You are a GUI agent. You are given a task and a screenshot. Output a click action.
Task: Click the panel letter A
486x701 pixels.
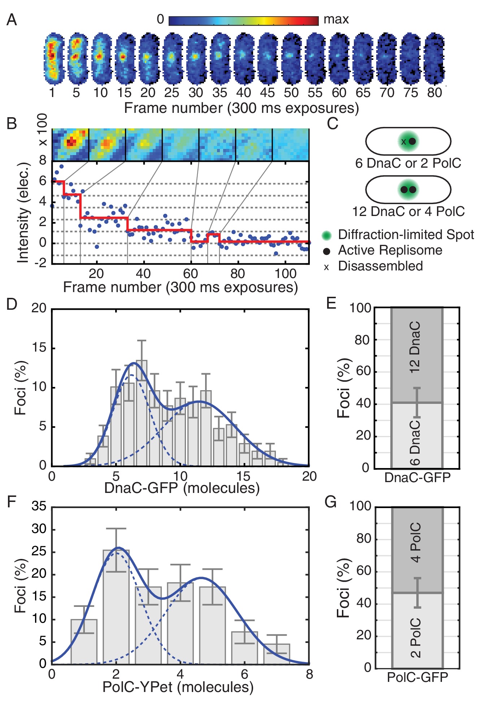(x=12, y=20)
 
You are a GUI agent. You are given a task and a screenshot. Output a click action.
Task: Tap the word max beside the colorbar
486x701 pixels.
(x=336, y=19)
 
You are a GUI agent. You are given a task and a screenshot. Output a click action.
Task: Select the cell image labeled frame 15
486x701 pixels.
(x=124, y=58)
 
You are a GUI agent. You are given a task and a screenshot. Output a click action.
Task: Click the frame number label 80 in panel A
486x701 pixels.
(x=434, y=93)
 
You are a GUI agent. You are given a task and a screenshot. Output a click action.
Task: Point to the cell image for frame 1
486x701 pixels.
(x=53, y=58)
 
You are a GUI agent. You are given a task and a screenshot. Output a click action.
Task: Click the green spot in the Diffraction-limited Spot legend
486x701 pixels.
(x=326, y=235)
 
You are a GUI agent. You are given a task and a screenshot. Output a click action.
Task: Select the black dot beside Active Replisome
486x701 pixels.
(x=326, y=251)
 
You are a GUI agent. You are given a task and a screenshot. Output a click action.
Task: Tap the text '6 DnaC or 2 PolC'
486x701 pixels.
(x=408, y=163)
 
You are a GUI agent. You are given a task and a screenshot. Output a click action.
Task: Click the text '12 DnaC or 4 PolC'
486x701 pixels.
(x=408, y=211)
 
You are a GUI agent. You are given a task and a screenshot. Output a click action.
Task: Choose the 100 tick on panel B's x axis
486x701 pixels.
(x=285, y=274)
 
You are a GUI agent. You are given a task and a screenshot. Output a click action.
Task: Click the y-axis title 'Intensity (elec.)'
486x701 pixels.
(x=23, y=213)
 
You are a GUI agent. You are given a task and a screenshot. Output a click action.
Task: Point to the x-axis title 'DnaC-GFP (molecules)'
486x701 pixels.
(x=182, y=488)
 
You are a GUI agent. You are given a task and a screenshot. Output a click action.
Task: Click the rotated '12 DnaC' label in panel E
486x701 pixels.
(x=415, y=347)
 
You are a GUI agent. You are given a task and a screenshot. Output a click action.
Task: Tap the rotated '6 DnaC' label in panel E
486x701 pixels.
(x=415, y=442)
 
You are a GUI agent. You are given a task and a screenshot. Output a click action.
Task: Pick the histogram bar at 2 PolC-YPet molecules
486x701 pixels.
(x=116, y=607)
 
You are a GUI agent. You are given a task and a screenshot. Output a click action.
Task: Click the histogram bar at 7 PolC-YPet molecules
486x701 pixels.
(x=277, y=654)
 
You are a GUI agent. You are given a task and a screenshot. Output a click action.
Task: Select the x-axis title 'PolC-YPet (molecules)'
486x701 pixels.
(x=178, y=687)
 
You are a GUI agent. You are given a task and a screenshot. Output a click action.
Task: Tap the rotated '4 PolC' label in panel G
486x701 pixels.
(x=415, y=542)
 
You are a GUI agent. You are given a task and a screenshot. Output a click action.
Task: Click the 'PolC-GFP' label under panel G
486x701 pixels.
(x=417, y=678)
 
